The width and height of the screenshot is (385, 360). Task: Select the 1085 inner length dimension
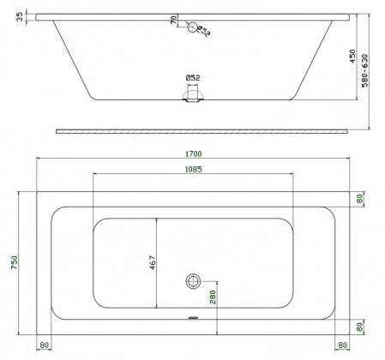192,169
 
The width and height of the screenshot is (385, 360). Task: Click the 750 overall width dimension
12,263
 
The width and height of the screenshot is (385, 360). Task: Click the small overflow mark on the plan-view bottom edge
193,315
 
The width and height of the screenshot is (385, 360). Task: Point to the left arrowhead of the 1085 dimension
94,175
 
